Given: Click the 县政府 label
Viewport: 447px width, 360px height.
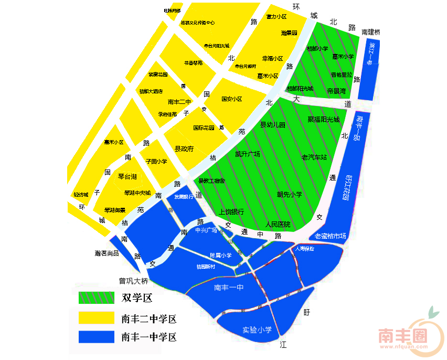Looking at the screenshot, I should tap(184, 149).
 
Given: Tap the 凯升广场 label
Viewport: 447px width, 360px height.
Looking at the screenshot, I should tap(248, 154).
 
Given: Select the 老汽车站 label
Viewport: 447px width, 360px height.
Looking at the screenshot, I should tap(314, 157).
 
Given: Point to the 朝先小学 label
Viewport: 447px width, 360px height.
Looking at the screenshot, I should tap(290, 194).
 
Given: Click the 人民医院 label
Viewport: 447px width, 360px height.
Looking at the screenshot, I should tap(278, 224).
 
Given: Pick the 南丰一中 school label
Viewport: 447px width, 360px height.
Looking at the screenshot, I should tap(229, 288).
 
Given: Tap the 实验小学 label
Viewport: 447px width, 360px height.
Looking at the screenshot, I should tap(257, 330).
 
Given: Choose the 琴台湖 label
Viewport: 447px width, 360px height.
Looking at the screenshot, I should tap(127, 176).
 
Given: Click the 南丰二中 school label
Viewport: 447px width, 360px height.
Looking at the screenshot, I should tap(180, 102).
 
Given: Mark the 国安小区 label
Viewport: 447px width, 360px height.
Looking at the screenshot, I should tap(231, 99).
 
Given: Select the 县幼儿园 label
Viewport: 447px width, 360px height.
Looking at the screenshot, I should tap(273, 125).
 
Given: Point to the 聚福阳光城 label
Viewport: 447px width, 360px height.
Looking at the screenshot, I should tap(324, 119).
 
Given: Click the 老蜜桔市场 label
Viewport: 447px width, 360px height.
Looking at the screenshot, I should tap(331, 236).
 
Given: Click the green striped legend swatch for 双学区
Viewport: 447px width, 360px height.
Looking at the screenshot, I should tap(96, 298).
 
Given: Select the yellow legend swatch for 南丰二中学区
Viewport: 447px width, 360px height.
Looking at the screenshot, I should tap(96, 318).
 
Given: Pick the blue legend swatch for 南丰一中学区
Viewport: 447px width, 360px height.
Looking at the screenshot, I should tap(96, 336).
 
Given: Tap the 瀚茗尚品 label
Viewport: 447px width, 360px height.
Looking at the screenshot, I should tap(107, 253).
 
